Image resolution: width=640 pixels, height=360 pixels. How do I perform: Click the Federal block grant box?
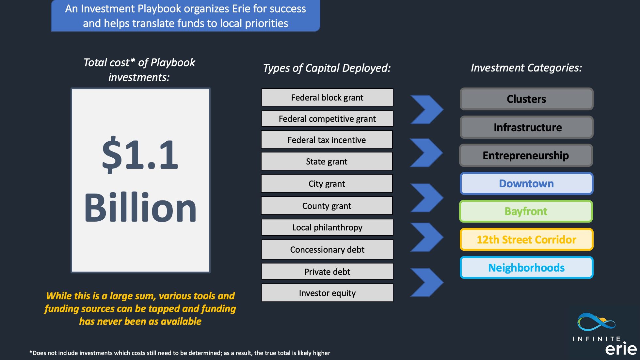point(327,97)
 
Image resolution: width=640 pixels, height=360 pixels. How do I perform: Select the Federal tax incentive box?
point(327,140)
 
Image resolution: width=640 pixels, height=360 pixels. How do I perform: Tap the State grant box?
point(327,161)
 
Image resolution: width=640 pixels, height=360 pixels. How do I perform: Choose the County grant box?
point(327,206)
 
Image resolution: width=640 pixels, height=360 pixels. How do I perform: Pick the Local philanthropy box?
point(327,227)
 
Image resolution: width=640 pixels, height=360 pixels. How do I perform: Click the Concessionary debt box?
point(327,249)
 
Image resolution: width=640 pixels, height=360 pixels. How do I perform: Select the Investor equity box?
point(327,293)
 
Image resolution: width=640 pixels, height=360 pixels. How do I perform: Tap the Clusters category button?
point(526,99)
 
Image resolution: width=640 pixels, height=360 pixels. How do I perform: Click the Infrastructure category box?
point(526,127)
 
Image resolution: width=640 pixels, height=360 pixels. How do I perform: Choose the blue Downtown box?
point(526,183)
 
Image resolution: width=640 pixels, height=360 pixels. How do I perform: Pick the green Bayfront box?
point(526,211)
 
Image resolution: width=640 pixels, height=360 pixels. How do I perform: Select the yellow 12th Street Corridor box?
point(526,240)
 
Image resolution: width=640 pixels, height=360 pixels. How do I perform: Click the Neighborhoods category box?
point(526,268)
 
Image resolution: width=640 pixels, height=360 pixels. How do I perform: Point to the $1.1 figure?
point(140,154)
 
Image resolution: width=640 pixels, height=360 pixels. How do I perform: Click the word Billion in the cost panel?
point(140,207)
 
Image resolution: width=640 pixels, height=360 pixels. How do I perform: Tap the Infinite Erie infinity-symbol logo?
point(596,322)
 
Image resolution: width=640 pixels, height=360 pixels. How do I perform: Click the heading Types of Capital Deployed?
point(327,68)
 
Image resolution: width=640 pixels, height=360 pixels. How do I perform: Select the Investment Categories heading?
point(526,68)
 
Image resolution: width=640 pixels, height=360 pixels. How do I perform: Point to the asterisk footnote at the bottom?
point(180,353)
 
